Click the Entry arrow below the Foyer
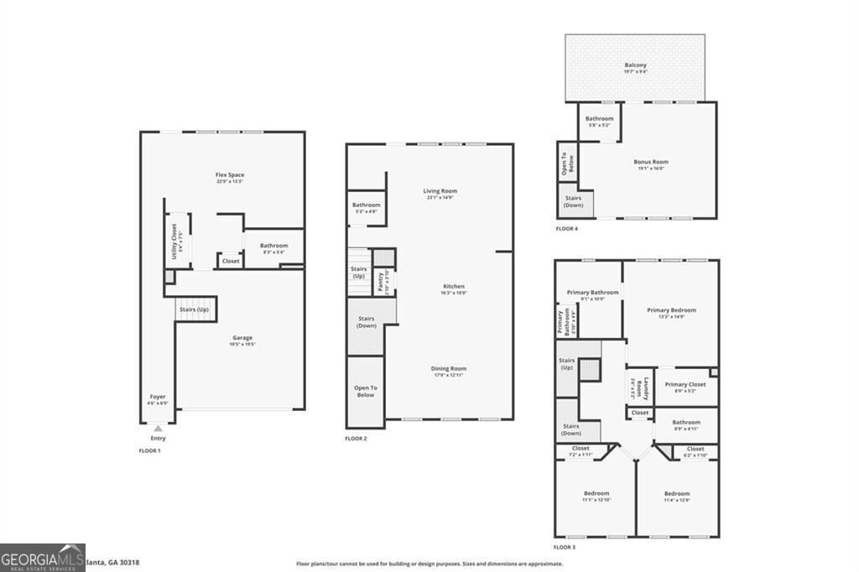click(x=158, y=429)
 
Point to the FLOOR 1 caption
click(x=149, y=451)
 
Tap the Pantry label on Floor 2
click(x=381, y=278)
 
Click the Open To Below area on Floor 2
click(x=366, y=391)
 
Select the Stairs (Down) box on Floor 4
click(x=574, y=202)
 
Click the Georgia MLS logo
click(x=43, y=557)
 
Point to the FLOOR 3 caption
click(x=565, y=548)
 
